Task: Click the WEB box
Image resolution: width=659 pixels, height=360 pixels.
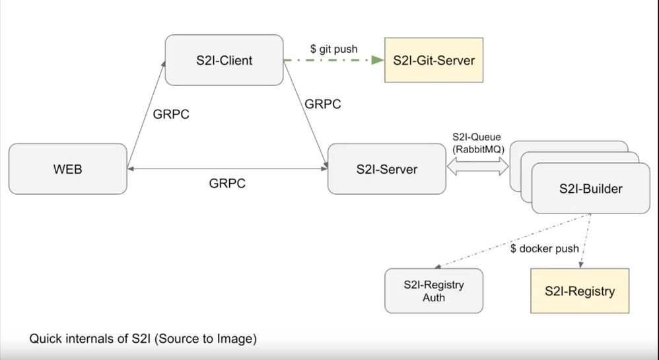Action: (x=67, y=169)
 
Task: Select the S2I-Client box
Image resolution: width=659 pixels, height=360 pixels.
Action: (x=224, y=60)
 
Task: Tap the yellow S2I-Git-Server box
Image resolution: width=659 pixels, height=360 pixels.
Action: (x=433, y=60)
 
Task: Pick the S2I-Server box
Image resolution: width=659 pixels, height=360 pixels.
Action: (x=386, y=169)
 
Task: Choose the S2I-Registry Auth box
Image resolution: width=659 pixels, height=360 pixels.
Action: (x=434, y=291)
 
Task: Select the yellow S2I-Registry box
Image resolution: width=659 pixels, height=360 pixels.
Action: (x=579, y=291)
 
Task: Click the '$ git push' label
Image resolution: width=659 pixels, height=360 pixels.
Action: (x=333, y=49)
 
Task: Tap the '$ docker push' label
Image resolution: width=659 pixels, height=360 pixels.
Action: (x=545, y=249)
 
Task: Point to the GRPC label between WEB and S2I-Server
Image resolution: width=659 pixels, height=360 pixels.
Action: (x=227, y=184)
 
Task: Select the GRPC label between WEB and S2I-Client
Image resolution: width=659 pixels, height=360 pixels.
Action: (x=171, y=114)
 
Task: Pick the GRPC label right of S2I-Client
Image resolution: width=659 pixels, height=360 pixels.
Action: (x=323, y=104)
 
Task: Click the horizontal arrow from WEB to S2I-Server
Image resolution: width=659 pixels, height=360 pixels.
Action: (x=227, y=169)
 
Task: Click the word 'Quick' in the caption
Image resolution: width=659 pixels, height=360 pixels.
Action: (x=46, y=340)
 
